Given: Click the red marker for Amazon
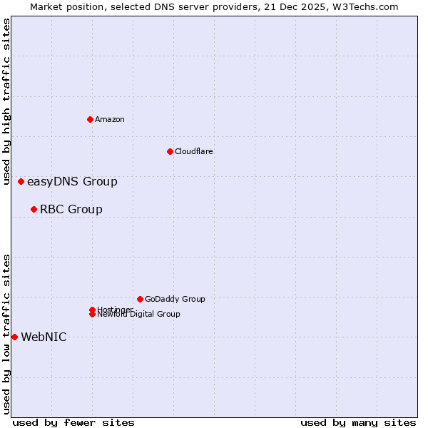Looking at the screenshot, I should click(x=91, y=119).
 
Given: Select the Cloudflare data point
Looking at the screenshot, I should click(x=170, y=151).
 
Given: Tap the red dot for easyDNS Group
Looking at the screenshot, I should click(x=21, y=181).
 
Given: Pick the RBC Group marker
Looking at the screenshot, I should click(x=34, y=209).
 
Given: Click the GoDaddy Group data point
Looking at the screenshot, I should click(x=140, y=299).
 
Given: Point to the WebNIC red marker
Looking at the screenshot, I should click(x=14, y=337).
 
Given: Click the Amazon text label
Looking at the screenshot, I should click(x=110, y=119).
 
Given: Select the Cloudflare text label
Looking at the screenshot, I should click(x=194, y=151).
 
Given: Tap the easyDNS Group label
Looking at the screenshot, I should click(x=72, y=181).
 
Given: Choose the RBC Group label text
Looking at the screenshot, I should click(x=71, y=209).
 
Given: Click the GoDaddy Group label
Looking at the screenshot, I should click(x=175, y=299).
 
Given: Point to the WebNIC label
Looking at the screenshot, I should click(x=44, y=337).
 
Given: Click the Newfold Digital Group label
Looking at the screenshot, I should click(x=139, y=315).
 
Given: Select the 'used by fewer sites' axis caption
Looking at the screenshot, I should click(x=73, y=422).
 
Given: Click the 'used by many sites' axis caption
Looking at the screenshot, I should click(x=358, y=422).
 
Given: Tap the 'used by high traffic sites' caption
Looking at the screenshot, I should click(x=7, y=102).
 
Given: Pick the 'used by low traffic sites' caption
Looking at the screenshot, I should click(x=7, y=334).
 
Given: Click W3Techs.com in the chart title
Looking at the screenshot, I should click(x=365, y=6).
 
